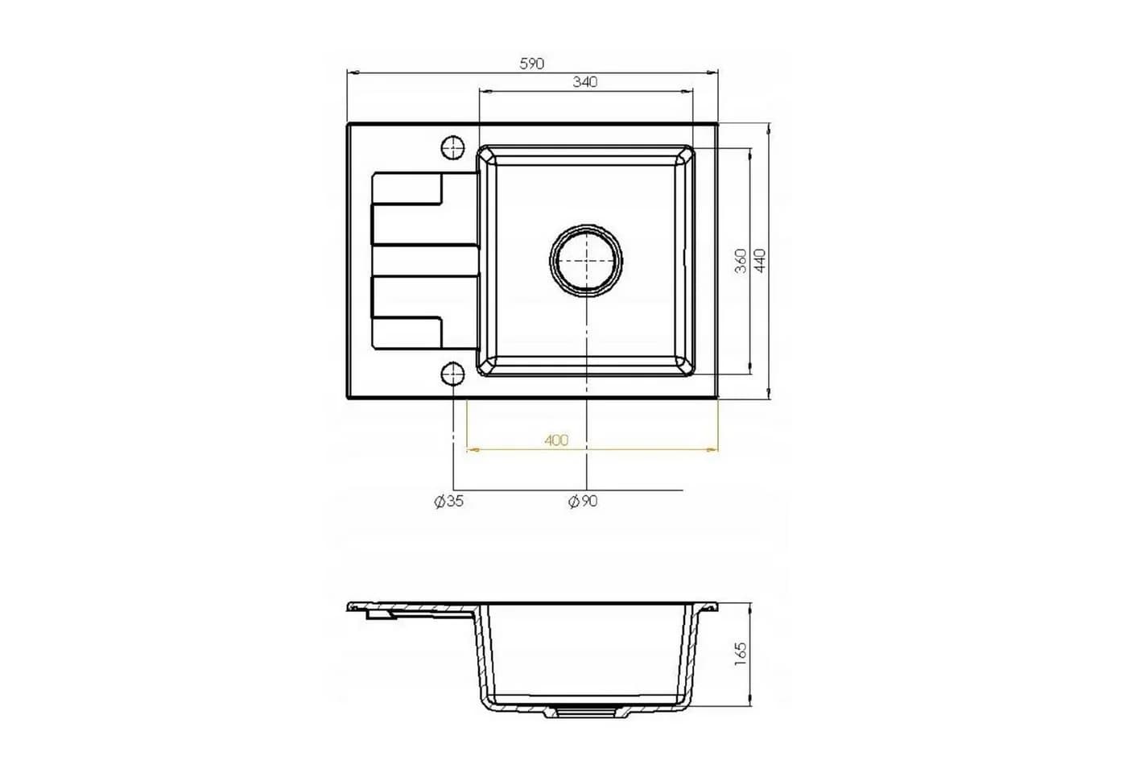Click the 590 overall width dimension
pyautogui.click(x=532, y=64)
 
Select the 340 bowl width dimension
pyautogui.click(x=585, y=81)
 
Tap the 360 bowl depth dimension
pyautogui.click(x=741, y=261)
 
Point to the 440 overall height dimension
pyautogui.click(x=760, y=261)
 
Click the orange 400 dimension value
pyautogui.click(x=556, y=440)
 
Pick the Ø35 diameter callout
pyautogui.click(x=449, y=502)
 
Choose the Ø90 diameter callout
pyautogui.click(x=583, y=502)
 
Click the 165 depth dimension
pyautogui.click(x=741, y=654)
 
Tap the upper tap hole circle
pyautogui.click(x=452, y=148)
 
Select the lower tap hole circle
pyautogui.click(x=452, y=374)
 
